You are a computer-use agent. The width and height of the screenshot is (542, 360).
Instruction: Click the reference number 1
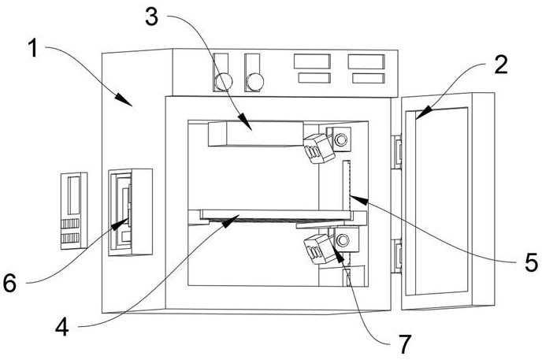[33, 48]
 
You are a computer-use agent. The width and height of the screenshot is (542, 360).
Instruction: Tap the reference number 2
[501, 65]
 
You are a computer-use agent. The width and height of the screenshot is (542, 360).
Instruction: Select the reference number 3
[152, 17]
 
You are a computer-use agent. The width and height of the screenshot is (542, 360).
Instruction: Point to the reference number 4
[62, 326]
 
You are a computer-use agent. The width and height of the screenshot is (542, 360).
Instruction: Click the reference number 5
[531, 262]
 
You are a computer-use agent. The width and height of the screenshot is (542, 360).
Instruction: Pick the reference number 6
[9, 283]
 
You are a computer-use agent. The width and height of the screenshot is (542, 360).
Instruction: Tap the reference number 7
[405, 343]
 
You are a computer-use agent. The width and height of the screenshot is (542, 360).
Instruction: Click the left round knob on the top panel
[224, 82]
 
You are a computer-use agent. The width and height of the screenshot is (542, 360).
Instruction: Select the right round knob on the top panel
[255, 82]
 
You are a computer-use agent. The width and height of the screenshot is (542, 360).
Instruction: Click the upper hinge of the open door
[396, 152]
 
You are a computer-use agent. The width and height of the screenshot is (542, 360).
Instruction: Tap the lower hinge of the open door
[396, 256]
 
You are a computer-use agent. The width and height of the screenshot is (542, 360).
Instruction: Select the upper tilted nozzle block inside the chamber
[319, 148]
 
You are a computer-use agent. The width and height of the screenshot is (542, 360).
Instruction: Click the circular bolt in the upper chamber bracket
[341, 139]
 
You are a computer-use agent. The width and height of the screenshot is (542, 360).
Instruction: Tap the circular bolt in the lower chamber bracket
[343, 240]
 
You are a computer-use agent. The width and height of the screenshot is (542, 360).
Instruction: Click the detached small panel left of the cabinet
[74, 210]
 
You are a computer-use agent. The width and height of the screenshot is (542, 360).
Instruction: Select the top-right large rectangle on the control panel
[366, 61]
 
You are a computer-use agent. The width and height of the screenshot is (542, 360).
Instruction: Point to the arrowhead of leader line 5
[358, 199]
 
